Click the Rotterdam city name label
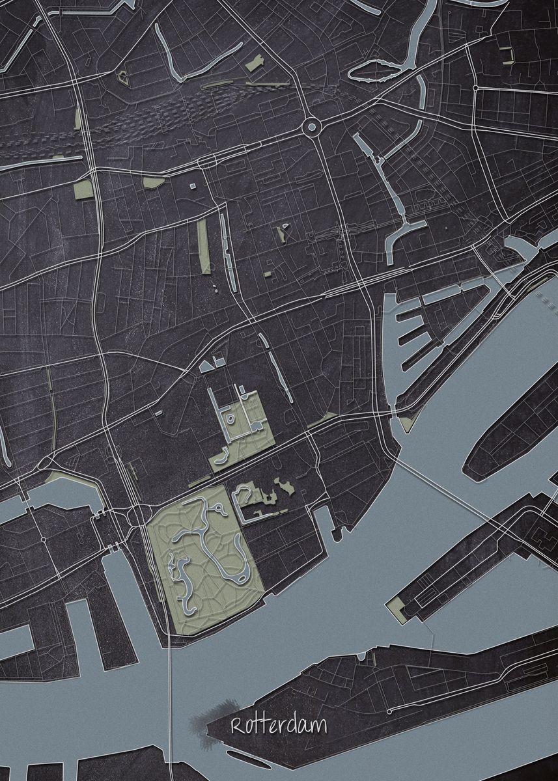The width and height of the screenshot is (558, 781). pos(279,726)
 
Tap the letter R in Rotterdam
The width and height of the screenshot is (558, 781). pos(236,726)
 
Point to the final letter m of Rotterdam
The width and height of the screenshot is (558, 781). pos(320,727)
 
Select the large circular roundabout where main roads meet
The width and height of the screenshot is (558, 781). pos(311,126)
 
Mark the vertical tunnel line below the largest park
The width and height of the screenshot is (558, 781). pos(171,703)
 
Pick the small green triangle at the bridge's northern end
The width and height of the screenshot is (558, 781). pos(407,424)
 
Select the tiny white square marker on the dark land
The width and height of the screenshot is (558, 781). pos(193,186)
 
